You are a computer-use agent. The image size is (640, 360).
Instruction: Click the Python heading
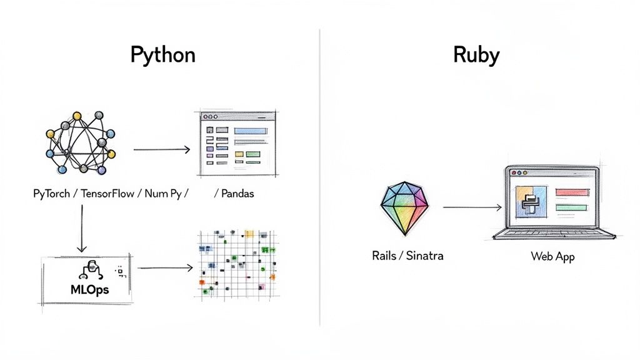(x=162, y=55)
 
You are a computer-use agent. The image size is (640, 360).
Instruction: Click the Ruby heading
(x=476, y=55)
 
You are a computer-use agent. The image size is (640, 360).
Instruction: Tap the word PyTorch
(x=53, y=194)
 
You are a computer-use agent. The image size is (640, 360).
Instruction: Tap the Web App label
(x=552, y=256)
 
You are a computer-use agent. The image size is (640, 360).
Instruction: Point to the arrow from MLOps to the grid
(x=165, y=268)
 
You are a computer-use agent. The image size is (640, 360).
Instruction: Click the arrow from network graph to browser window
(x=161, y=149)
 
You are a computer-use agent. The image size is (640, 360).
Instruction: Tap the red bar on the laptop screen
(x=571, y=192)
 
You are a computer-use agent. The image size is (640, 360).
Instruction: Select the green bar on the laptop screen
(x=571, y=207)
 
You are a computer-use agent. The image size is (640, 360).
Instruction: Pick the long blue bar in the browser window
(x=251, y=131)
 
